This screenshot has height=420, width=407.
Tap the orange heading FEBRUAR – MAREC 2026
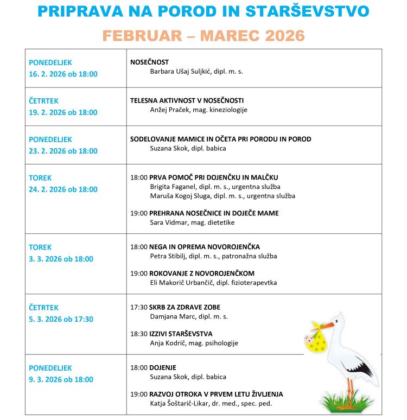(x=203, y=36)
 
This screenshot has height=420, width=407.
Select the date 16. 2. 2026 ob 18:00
(x=63, y=74)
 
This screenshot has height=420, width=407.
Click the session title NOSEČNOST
(x=149, y=62)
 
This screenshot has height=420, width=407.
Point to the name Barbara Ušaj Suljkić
(x=181, y=71)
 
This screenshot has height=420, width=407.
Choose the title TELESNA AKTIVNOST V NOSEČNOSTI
(x=187, y=100)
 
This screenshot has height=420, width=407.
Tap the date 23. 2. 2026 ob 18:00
(x=63, y=151)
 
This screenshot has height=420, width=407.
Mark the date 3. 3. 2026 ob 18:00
(x=61, y=259)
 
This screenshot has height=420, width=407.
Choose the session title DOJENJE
(x=163, y=367)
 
